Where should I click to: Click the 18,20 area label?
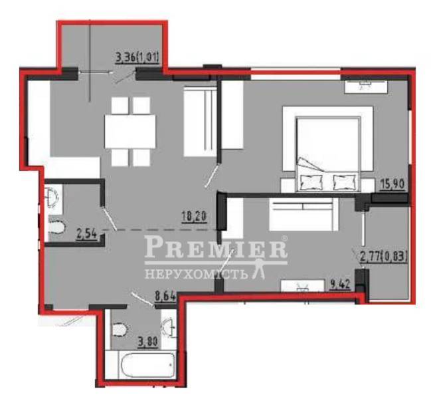pos(195,217)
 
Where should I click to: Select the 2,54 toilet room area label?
pos(87,235)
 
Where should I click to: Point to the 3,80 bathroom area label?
pos(148,342)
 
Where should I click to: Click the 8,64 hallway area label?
pos(165,297)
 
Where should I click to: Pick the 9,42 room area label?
pos(340,285)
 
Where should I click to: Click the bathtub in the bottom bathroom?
pos(148,365)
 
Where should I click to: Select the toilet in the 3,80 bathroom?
pos(120,330)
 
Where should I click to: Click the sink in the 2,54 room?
pos(52,197)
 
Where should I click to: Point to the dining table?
pos(130,132)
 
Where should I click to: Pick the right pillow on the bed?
pos(344,182)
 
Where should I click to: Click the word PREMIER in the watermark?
pos(216,247)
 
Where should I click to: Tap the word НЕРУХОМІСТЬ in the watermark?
pos(195,274)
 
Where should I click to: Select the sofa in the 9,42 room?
pos(303,214)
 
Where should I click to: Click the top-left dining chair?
pos(120,105)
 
